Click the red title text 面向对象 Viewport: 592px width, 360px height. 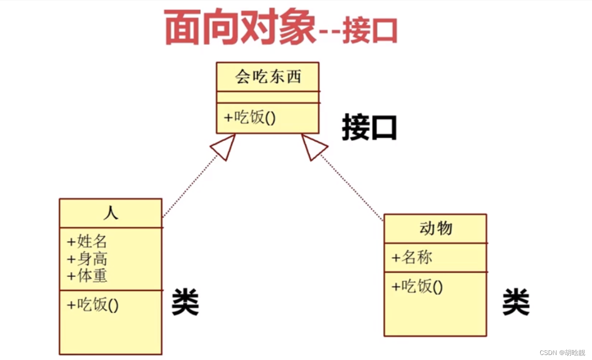click(x=239, y=28)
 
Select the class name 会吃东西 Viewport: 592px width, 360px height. click(x=268, y=77)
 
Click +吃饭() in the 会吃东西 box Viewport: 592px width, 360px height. click(x=250, y=118)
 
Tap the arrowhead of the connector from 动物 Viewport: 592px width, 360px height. click(x=313, y=147)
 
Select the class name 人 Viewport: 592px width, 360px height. click(x=110, y=213)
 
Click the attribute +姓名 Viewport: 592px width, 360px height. click(x=87, y=241)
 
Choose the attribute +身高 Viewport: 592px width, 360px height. click(x=87, y=259)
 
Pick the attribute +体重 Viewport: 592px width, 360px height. click(x=87, y=275)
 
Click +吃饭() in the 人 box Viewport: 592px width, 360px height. click(x=93, y=304)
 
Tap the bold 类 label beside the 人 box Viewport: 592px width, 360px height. click(x=185, y=303)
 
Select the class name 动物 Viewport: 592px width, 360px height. click(x=435, y=228)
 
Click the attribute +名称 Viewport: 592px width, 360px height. click(x=412, y=258)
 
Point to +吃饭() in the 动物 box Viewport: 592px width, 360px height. click(x=417, y=286)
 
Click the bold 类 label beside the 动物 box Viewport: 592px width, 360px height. click(x=516, y=303)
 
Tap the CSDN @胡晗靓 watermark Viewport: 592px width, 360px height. click(x=562, y=353)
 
